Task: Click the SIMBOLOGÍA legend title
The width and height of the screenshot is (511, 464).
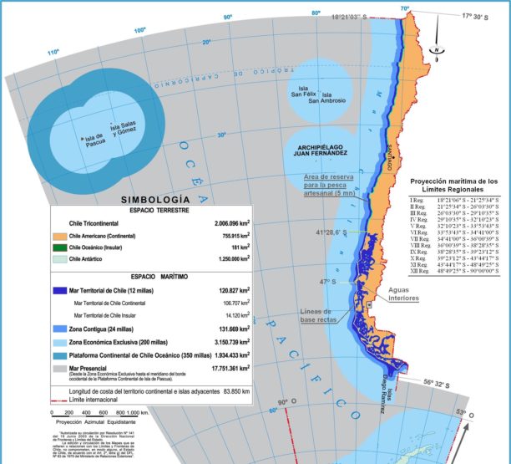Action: (x=154, y=200)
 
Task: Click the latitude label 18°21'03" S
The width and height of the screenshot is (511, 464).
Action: (x=356, y=17)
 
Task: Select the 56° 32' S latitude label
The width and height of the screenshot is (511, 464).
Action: (x=441, y=383)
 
